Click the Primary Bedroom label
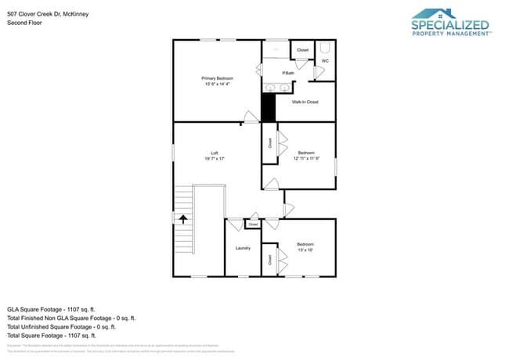click(x=217, y=78)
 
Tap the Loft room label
click(x=214, y=153)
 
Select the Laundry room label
click(x=243, y=248)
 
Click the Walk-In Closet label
click(x=305, y=102)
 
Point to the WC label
click(x=325, y=60)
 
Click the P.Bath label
click(x=288, y=73)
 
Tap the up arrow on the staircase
click(x=183, y=220)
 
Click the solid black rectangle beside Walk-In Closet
click(x=269, y=106)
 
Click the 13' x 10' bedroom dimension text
click(x=305, y=250)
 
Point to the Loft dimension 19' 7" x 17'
click(x=214, y=159)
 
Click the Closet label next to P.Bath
click(x=303, y=51)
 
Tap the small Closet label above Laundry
click(x=252, y=225)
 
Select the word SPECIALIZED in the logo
click(x=451, y=25)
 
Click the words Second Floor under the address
click(x=23, y=23)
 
